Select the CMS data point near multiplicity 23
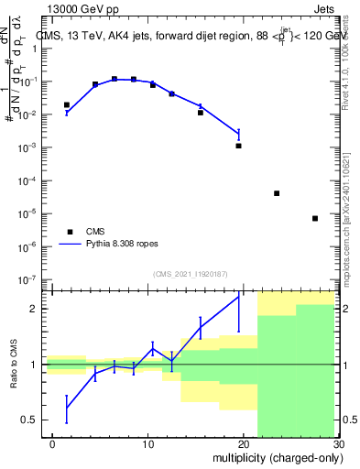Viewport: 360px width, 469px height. click(x=277, y=193)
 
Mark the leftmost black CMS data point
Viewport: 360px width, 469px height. click(x=66, y=104)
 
